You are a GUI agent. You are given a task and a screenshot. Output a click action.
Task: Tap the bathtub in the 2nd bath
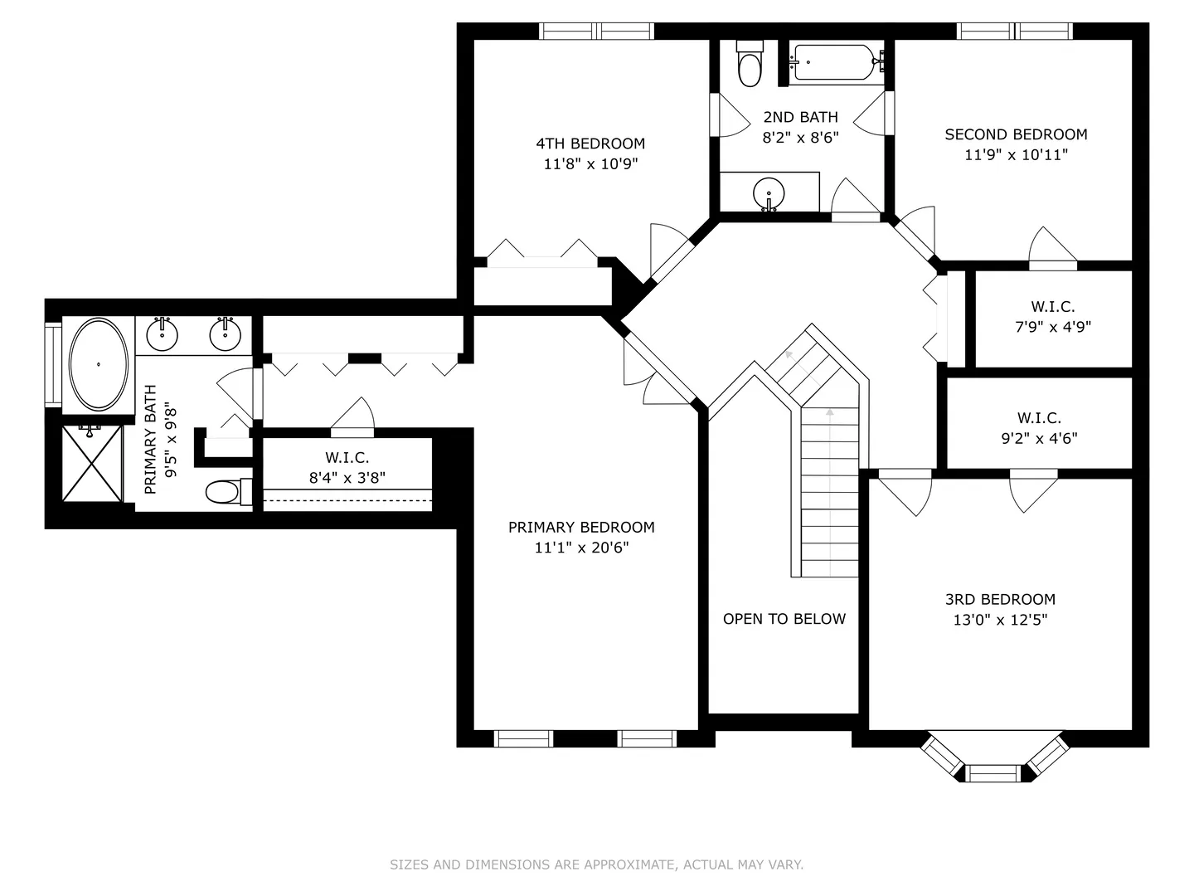(835, 62)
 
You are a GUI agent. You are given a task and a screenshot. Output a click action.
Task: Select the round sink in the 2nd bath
(769, 193)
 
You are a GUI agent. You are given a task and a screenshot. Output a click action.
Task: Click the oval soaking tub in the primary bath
(99, 364)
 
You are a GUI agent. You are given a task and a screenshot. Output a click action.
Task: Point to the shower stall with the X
(92, 464)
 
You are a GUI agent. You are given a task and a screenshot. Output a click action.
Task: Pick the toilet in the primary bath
(229, 492)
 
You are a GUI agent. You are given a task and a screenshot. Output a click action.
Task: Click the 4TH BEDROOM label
(590, 144)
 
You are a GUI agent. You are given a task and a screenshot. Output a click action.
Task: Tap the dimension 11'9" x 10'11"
(1016, 155)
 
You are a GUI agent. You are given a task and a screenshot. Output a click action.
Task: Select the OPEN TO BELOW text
(784, 619)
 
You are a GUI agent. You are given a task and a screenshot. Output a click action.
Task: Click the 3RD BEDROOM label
(1000, 600)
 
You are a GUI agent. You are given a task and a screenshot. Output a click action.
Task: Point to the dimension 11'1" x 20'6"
(581, 548)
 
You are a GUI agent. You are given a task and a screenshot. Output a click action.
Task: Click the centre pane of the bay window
(993, 773)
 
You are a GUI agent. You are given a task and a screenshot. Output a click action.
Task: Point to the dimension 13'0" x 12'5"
(1000, 620)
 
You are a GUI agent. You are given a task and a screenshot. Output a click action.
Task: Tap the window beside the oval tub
(53, 364)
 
